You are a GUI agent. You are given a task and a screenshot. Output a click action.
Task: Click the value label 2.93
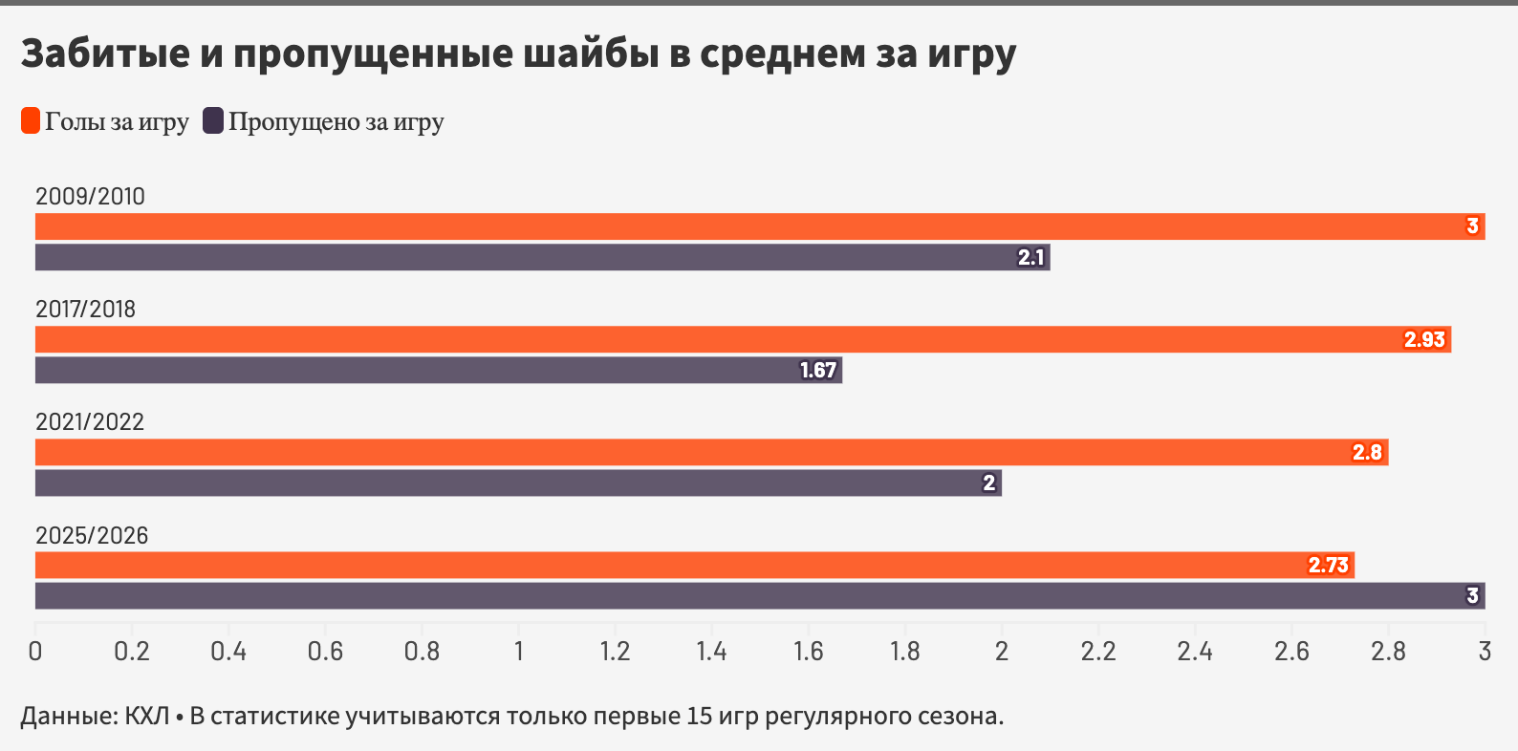[x=1423, y=339]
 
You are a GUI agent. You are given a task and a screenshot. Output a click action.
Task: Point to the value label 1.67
[x=818, y=370]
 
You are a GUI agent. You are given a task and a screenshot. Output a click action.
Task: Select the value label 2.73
[x=1328, y=565]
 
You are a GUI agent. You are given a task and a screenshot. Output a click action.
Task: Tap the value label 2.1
[x=1030, y=257]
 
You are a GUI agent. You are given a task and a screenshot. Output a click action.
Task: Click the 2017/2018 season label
[x=85, y=309]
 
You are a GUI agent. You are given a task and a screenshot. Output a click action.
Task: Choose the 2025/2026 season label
[x=92, y=535]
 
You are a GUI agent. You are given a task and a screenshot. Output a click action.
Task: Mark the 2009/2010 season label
[x=90, y=196]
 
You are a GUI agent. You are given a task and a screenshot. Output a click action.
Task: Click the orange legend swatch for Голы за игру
[x=31, y=121]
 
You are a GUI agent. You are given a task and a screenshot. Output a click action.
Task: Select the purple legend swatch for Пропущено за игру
[x=213, y=121]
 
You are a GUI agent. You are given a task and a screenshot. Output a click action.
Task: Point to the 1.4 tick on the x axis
[x=711, y=652]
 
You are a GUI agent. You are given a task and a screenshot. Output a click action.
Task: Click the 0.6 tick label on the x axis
[x=325, y=652]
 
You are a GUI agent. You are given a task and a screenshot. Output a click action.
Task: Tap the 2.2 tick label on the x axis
[x=1098, y=652]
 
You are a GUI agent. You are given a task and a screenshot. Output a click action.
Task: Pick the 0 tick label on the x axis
[x=35, y=652]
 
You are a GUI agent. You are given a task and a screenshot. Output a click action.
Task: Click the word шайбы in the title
[x=591, y=54]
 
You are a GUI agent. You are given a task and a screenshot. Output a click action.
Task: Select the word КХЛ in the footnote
[x=146, y=716]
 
